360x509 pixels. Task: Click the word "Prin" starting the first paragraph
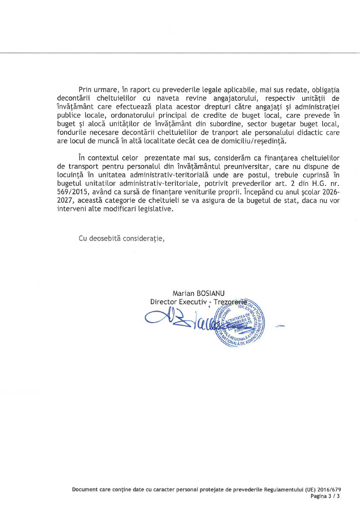pyautogui.click(x=86, y=89)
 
